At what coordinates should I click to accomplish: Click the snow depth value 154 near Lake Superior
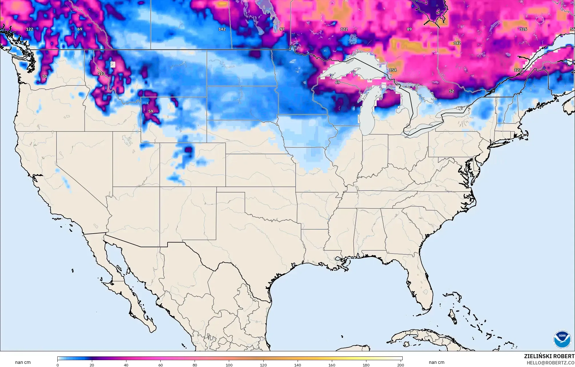tap(393, 70)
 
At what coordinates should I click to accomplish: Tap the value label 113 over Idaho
tap(101, 74)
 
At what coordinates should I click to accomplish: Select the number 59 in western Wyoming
tap(151, 111)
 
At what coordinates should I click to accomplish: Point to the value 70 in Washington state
tap(44, 77)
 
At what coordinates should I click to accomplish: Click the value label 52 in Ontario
tap(451, 91)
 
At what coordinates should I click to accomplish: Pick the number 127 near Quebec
tap(518, 70)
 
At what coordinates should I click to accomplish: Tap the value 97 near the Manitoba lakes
tap(282, 29)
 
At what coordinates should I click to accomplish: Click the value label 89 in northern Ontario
tap(409, 29)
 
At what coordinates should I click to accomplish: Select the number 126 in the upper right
tap(523, 29)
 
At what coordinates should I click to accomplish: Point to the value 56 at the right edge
tap(572, 29)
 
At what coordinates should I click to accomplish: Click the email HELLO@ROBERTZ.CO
tap(550, 363)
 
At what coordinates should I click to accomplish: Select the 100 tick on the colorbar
tap(229, 365)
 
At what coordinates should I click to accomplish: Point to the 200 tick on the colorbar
tap(400, 365)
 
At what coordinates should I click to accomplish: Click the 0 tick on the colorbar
tap(58, 365)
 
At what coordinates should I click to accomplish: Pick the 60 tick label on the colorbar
tap(161, 365)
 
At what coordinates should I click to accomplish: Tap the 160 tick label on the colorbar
tap(332, 365)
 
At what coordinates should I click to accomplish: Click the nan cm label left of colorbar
tap(23, 362)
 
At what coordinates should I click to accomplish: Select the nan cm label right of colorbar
tap(437, 362)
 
